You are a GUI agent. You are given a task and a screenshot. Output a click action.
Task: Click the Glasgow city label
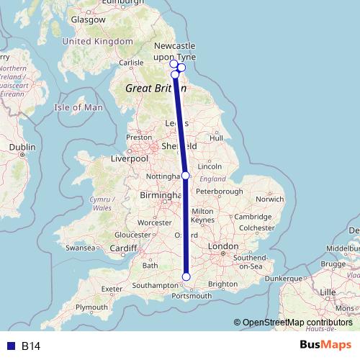[x=89, y=20]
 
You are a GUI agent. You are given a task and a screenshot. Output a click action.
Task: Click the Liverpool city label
[x=130, y=158]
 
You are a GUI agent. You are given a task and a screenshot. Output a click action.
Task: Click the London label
[x=222, y=246]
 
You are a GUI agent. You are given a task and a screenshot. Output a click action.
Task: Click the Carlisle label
[x=132, y=63]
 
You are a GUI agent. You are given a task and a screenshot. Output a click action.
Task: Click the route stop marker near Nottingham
[x=185, y=175]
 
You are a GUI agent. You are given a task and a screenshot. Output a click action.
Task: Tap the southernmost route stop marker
[x=186, y=276]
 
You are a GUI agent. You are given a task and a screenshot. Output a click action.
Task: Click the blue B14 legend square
[x=10, y=346]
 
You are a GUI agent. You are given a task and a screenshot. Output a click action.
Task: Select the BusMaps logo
[x=325, y=346]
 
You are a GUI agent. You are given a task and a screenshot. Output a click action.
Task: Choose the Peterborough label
[x=219, y=192]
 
